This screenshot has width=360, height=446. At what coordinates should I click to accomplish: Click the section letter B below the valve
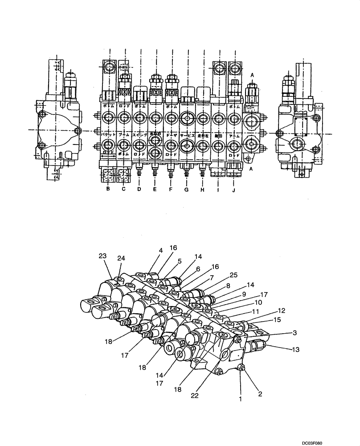107,189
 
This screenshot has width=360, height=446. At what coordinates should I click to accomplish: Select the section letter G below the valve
186,190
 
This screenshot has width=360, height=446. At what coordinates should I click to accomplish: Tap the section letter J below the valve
234,189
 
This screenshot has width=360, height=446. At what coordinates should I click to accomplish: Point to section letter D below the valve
139,189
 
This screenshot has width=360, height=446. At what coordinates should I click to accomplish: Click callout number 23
102,256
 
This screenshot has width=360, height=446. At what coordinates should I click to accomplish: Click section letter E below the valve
155,189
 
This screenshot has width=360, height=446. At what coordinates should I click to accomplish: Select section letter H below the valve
203,189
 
